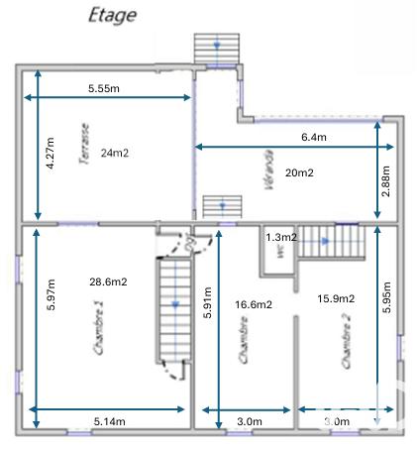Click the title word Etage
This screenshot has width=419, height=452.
pyautogui.click(x=112, y=15)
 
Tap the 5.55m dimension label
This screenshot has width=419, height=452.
pyautogui.click(x=104, y=88)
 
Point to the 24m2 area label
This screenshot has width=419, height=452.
pyautogui.click(x=115, y=153)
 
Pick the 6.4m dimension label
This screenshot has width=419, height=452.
pyautogui.click(x=315, y=137)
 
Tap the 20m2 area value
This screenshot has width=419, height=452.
pyautogui.click(x=299, y=172)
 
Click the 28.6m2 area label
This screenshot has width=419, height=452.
pyautogui.click(x=108, y=282)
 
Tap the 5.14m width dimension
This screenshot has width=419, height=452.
pyautogui.click(x=110, y=421)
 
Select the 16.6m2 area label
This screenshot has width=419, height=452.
pyautogui.click(x=253, y=305)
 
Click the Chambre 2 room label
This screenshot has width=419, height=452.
pyautogui.click(x=347, y=342)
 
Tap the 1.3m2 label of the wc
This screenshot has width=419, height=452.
pyautogui.click(x=281, y=237)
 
